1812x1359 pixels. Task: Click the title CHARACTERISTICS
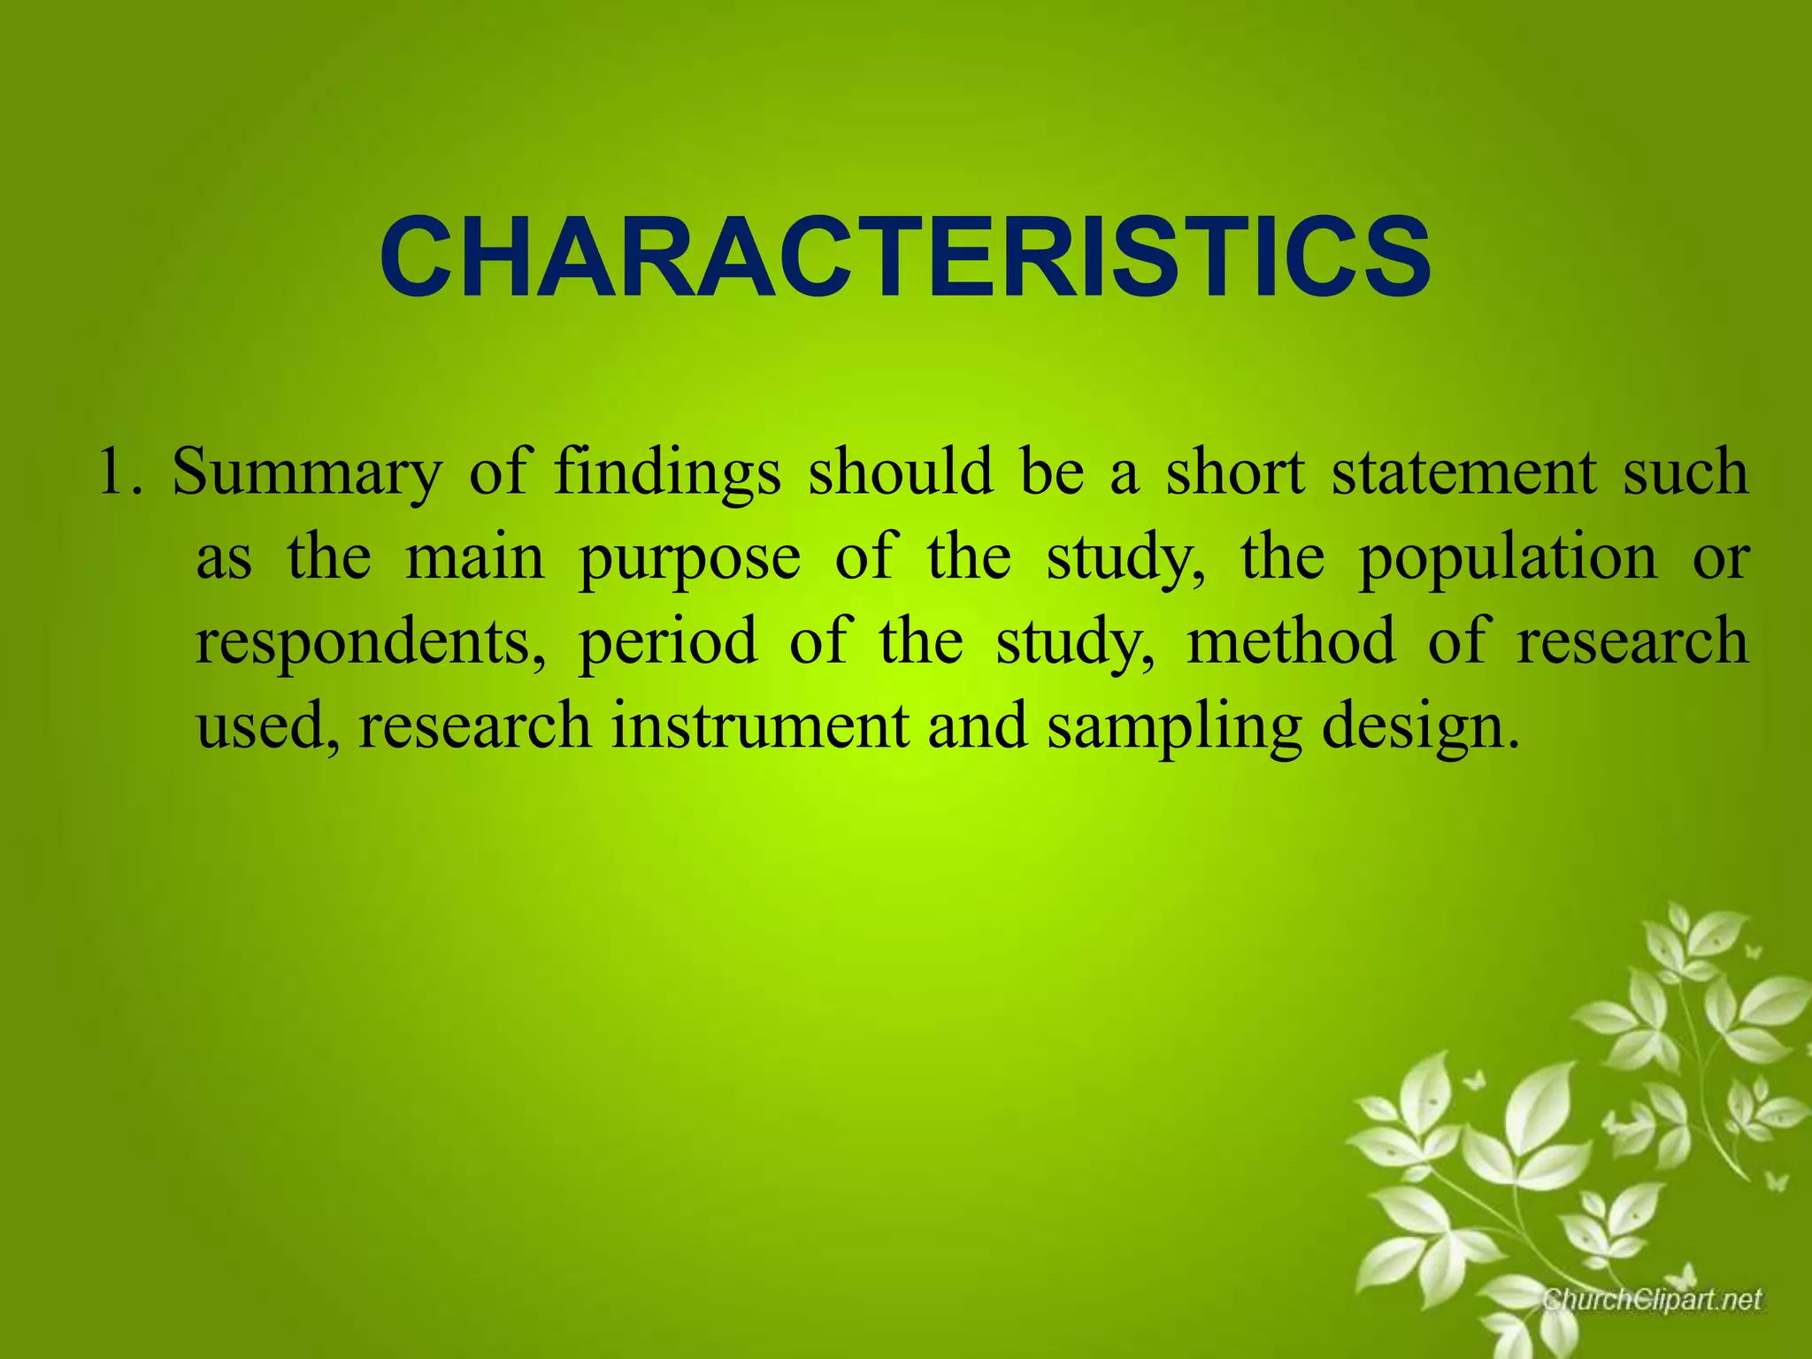(x=905, y=257)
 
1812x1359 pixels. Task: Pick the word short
(x=1235, y=472)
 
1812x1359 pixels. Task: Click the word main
(x=475, y=557)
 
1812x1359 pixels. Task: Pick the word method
(x=1291, y=641)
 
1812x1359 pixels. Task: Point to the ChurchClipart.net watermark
(x=1651, y=1300)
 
